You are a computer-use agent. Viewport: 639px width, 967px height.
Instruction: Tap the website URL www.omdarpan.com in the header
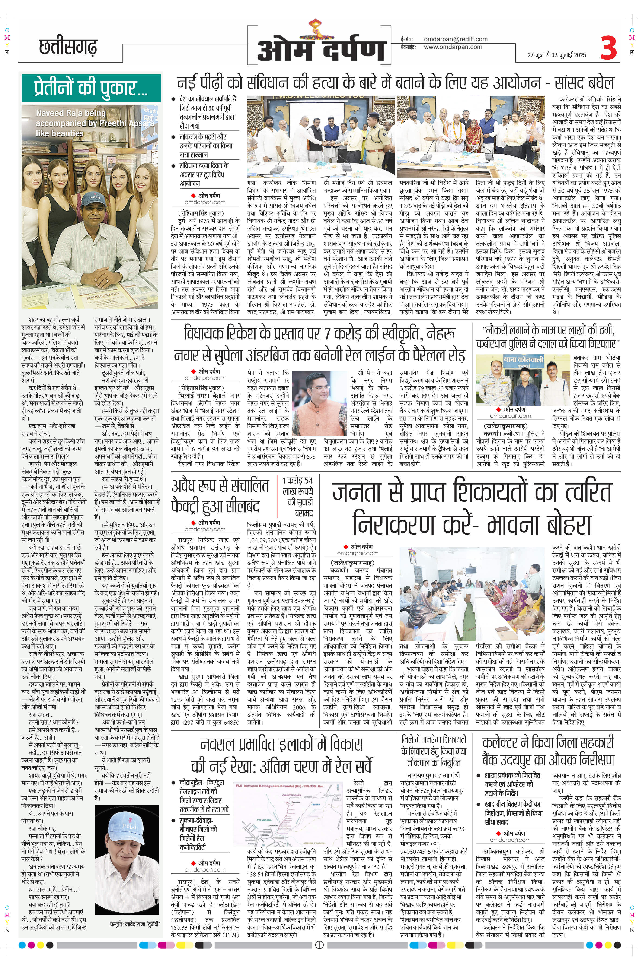point(453,47)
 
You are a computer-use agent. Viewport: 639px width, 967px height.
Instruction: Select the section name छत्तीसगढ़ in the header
point(68,48)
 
